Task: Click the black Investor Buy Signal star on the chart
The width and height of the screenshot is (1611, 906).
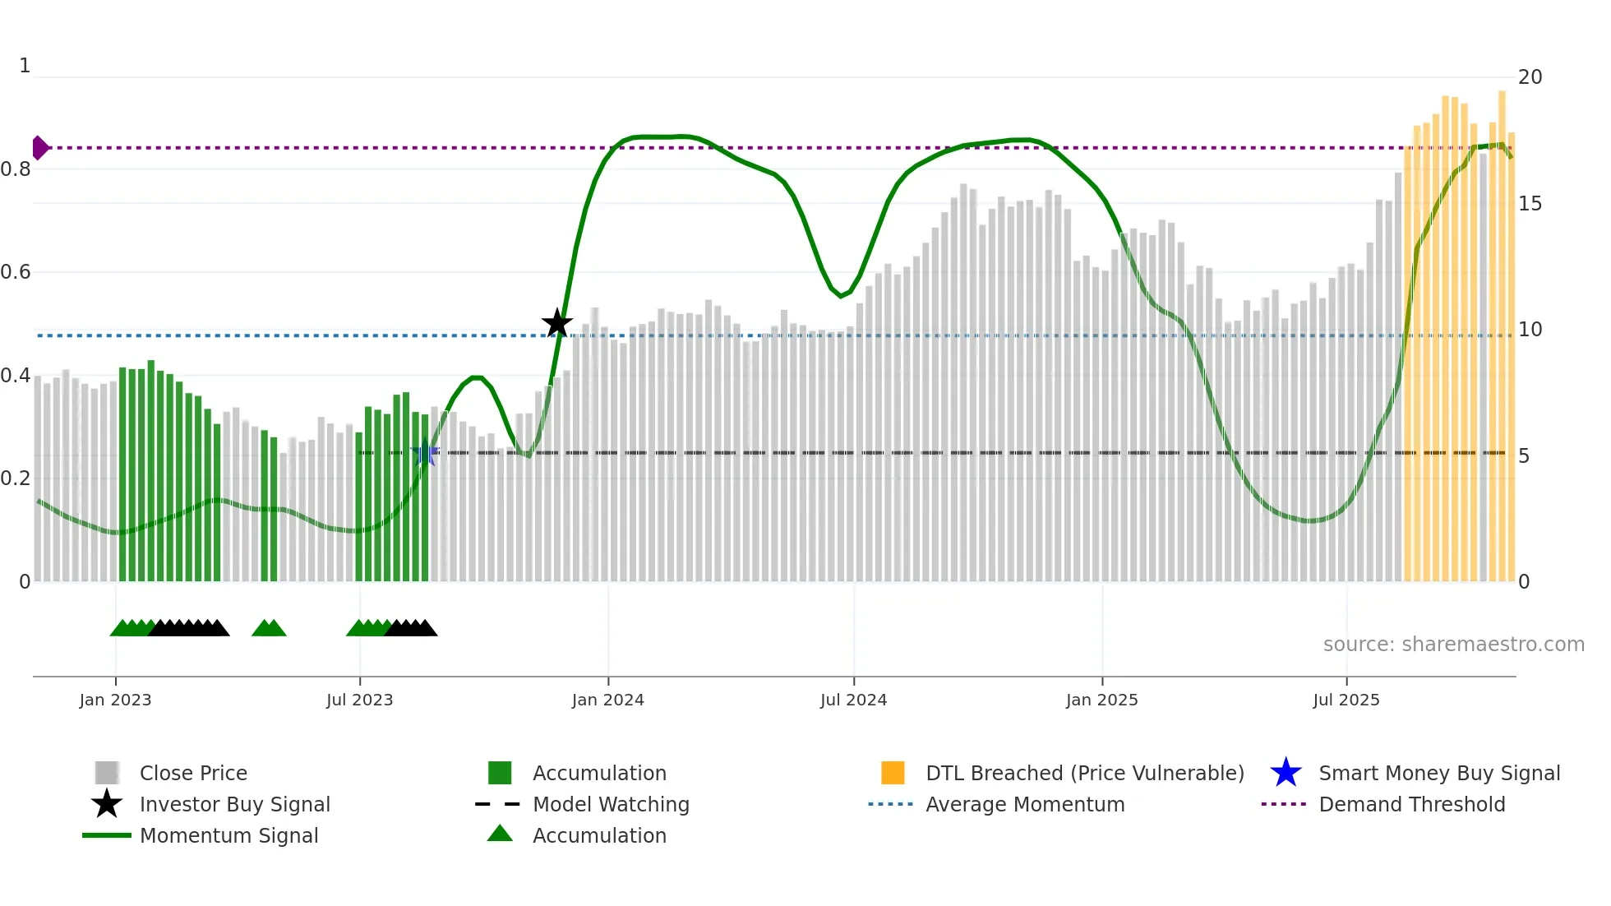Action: point(557,323)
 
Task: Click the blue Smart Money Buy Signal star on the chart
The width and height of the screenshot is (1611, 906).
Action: point(424,453)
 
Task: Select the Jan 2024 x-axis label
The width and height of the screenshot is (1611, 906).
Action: point(607,700)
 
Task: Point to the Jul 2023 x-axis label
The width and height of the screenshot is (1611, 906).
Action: point(359,700)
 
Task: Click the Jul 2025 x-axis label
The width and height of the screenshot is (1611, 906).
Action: point(1346,700)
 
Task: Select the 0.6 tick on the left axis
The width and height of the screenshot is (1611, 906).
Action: point(16,272)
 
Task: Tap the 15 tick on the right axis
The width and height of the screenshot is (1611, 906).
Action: point(1530,204)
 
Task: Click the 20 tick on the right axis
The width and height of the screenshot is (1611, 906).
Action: point(1530,77)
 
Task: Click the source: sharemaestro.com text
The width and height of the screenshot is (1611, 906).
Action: point(1453,645)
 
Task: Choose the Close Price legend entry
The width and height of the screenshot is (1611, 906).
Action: point(193,774)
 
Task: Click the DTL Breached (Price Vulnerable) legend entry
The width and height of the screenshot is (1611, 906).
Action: point(1084,774)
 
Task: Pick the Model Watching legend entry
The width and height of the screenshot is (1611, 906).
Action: point(611,805)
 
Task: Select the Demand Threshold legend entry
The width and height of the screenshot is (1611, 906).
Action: point(1411,805)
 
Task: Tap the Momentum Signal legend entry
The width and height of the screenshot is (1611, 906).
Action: point(228,836)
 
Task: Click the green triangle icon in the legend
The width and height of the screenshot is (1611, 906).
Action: point(500,834)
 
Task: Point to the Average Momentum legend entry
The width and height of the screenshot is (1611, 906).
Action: point(1024,805)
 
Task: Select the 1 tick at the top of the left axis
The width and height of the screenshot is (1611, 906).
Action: point(25,66)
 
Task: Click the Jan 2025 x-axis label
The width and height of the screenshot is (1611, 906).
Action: point(1101,700)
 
